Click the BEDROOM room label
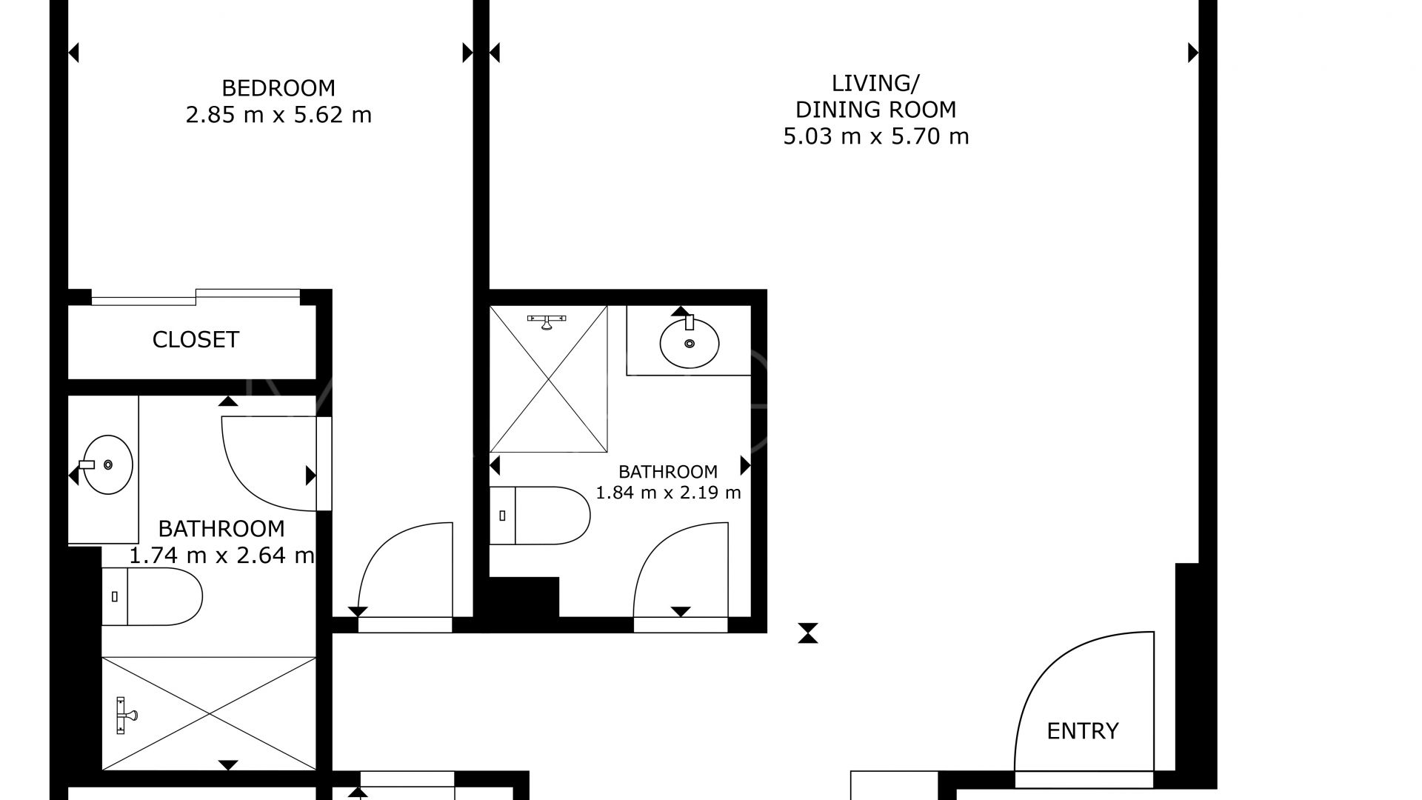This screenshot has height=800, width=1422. (x=278, y=88)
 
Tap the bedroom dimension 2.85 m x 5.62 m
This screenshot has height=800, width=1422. (x=278, y=116)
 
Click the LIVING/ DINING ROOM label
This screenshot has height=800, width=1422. (x=875, y=96)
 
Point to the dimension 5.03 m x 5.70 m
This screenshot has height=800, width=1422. (x=875, y=137)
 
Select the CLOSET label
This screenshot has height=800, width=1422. (x=196, y=340)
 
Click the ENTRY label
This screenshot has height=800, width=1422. (x=1082, y=731)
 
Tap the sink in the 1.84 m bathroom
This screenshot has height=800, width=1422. (x=689, y=342)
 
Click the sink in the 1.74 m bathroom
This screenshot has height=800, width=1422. (x=107, y=465)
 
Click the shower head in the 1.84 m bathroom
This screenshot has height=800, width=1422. (x=547, y=321)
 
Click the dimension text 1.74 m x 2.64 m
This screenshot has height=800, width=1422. (x=221, y=556)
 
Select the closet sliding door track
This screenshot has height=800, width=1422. (x=196, y=297)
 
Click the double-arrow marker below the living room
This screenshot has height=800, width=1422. (x=808, y=633)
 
